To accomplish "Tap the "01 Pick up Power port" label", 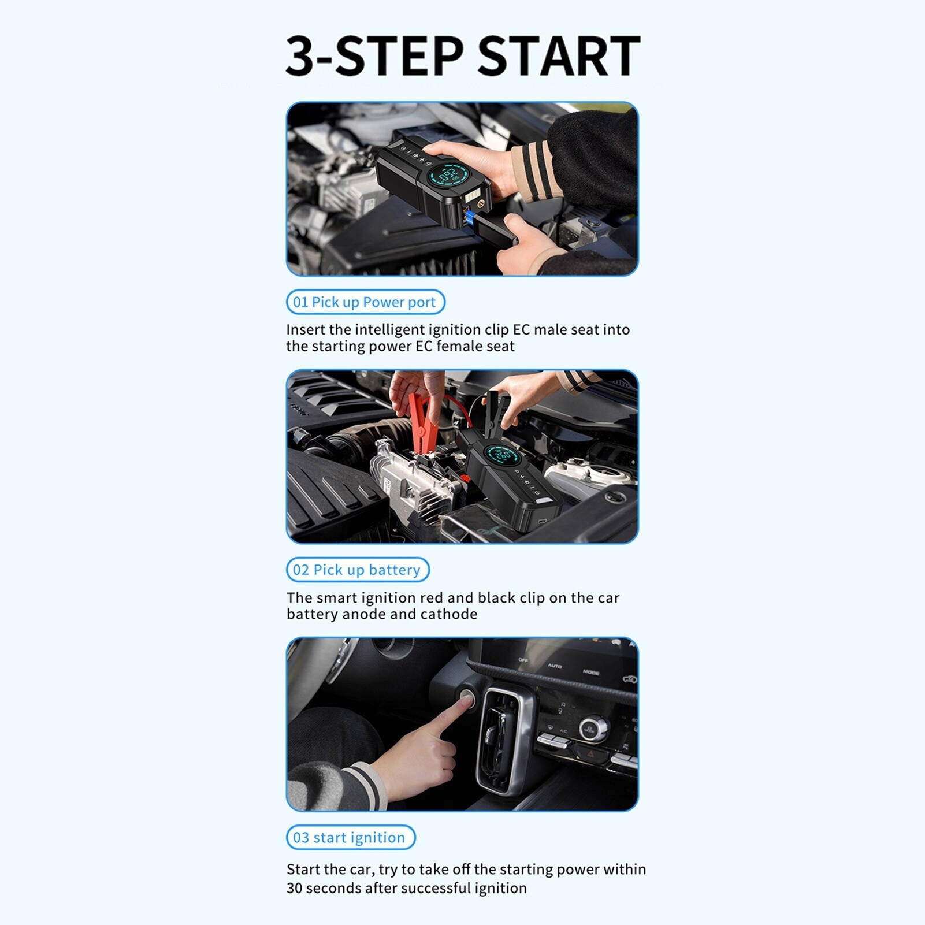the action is (365, 302).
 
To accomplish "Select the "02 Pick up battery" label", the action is (358, 570).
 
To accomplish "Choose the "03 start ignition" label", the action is (351, 837).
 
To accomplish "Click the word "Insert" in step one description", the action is (306, 329).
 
